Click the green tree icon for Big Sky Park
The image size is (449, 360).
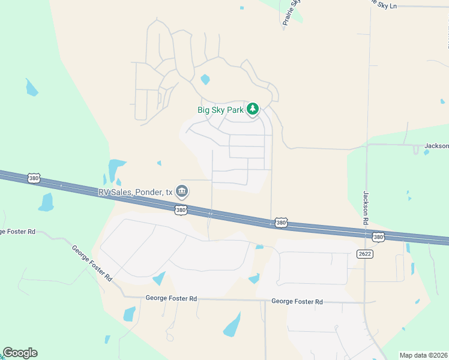(x=253, y=109)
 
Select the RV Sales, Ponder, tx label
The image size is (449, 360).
(x=136, y=193)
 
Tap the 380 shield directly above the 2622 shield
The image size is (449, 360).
(x=378, y=237)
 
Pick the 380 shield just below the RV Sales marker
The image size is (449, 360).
(x=180, y=210)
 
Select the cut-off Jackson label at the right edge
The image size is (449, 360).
(x=436, y=146)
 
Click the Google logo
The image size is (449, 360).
(x=20, y=353)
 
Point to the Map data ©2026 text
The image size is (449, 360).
(x=423, y=355)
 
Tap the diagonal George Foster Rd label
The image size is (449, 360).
(x=92, y=263)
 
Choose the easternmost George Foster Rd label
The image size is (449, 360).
(x=297, y=302)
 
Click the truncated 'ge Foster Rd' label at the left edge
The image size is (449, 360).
(x=19, y=232)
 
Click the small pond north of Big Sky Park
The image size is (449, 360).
(x=205, y=79)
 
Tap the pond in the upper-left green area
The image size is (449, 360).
(x=31, y=88)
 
